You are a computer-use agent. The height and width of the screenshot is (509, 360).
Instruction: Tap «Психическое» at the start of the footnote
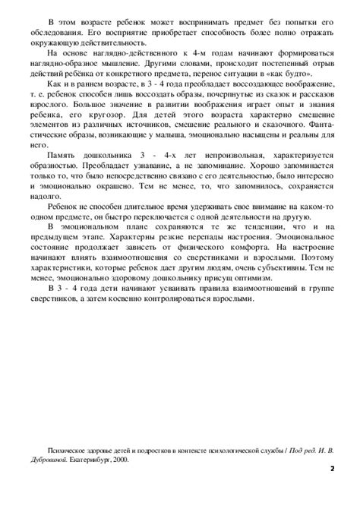67,451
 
